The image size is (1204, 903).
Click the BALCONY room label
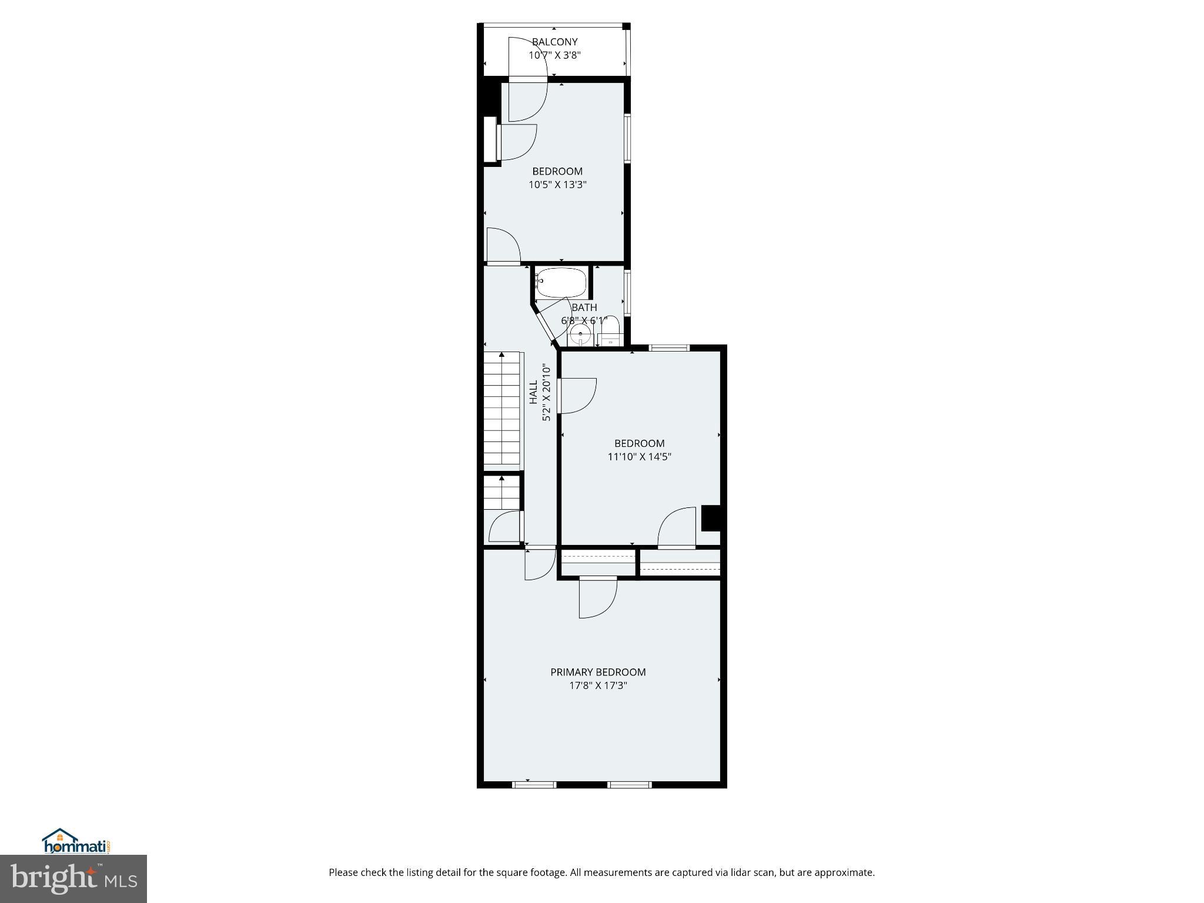pos(554,42)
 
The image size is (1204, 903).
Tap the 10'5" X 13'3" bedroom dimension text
pos(557,185)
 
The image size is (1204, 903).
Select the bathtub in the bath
pos(561,283)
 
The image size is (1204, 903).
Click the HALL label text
pos(533,392)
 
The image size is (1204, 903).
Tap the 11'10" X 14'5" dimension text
pos(639,456)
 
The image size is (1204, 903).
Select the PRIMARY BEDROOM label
pos(597,672)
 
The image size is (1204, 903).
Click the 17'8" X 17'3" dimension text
pos(597,685)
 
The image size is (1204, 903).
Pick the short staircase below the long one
pos(502,493)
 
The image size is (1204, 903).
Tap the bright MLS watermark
pos(73,879)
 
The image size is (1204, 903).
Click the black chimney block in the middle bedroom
pos(711,519)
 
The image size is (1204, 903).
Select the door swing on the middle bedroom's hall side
pos(577,395)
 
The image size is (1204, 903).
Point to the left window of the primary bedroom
pos(534,784)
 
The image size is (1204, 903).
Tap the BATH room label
pos(584,307)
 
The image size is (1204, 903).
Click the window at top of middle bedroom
pos(669,348)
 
